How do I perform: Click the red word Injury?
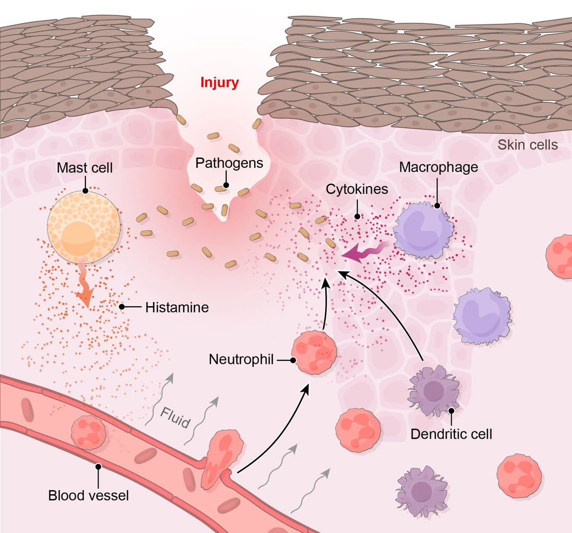tap(219, 83)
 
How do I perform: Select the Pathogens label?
tap(229, 163)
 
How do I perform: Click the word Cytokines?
tap(357, 189)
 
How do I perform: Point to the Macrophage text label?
tap(439, 167)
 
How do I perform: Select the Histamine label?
tap(177, 307)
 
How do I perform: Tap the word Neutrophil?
tap(241, 360)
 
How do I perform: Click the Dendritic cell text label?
tap(451, 434)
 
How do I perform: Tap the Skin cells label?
tap(528, 145)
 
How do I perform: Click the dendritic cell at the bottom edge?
tap(421, 490)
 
